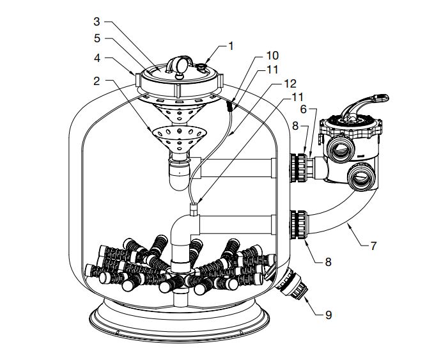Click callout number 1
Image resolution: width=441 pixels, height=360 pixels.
(231, 45)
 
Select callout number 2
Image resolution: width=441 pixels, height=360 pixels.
(96, 81)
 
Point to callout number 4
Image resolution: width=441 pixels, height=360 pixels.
(96, 58)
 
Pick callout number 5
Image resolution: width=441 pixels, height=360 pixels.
(96, 38)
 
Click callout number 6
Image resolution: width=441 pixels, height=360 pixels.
(304, 109)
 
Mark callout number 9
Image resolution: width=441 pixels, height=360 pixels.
(329, 315)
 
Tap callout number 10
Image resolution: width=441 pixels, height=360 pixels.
(272, 56)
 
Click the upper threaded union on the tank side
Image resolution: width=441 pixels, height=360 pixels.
(298, 166)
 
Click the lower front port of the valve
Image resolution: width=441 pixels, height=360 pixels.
(362, 176)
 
